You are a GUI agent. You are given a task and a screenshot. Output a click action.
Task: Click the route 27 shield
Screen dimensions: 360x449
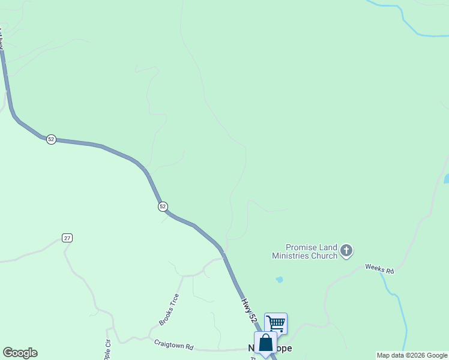click(x=67, y=238)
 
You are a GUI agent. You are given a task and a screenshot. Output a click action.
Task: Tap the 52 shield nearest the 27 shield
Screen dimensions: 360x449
click(x=163, y=206)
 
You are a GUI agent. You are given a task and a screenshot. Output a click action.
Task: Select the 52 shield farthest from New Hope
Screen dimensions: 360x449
click(x=51, y=139)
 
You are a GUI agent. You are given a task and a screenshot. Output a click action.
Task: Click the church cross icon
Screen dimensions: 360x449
click(x=346, y=250)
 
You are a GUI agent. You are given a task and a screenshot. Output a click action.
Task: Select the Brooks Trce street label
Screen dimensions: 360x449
click(x=169, y=310)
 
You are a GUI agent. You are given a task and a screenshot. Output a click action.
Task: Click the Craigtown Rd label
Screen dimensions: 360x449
click(x=173, y=345)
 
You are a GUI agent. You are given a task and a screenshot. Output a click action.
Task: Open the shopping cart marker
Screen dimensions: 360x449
click(x=276, y=323)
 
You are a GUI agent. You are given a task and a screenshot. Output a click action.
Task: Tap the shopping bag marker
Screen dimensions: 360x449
click(x=265, y=343)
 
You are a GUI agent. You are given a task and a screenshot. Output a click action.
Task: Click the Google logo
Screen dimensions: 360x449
click(x=20, y=353)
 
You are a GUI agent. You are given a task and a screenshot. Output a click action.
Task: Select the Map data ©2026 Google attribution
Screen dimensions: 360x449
click(x=412, y=355)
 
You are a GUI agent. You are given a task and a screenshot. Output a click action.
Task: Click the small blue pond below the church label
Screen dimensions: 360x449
click(x=279, y=280)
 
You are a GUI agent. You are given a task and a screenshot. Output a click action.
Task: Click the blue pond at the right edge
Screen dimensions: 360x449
click(x=446, y=178)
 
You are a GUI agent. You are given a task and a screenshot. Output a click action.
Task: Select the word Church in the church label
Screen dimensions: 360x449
click(x=324, y=256)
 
